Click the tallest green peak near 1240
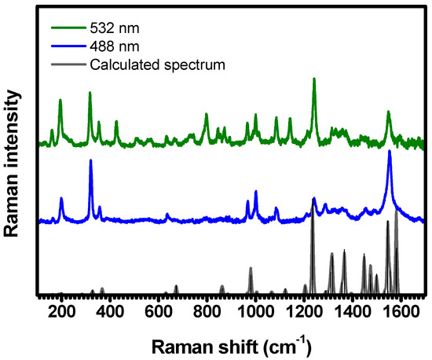[314, 79]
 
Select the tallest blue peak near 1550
[390, 152]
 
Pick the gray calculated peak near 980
[251, 270]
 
